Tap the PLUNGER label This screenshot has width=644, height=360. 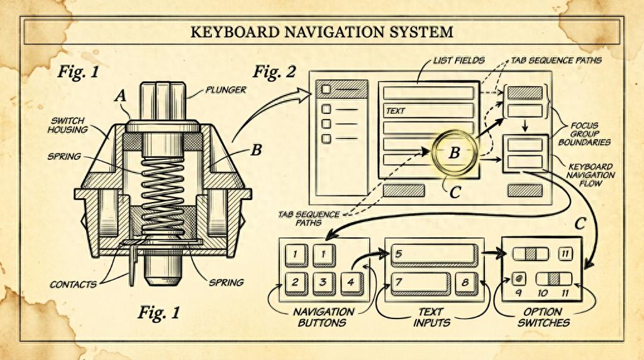coord(224,90)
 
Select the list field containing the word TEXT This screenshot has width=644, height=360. coord(428,111)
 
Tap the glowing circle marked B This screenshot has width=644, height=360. coord(454,152)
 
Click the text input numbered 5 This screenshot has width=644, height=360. coord(433,254)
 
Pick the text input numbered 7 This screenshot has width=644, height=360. coord(420,282)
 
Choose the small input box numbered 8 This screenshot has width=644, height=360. coord(465,282)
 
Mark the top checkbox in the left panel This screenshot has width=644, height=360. coord(326,89)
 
